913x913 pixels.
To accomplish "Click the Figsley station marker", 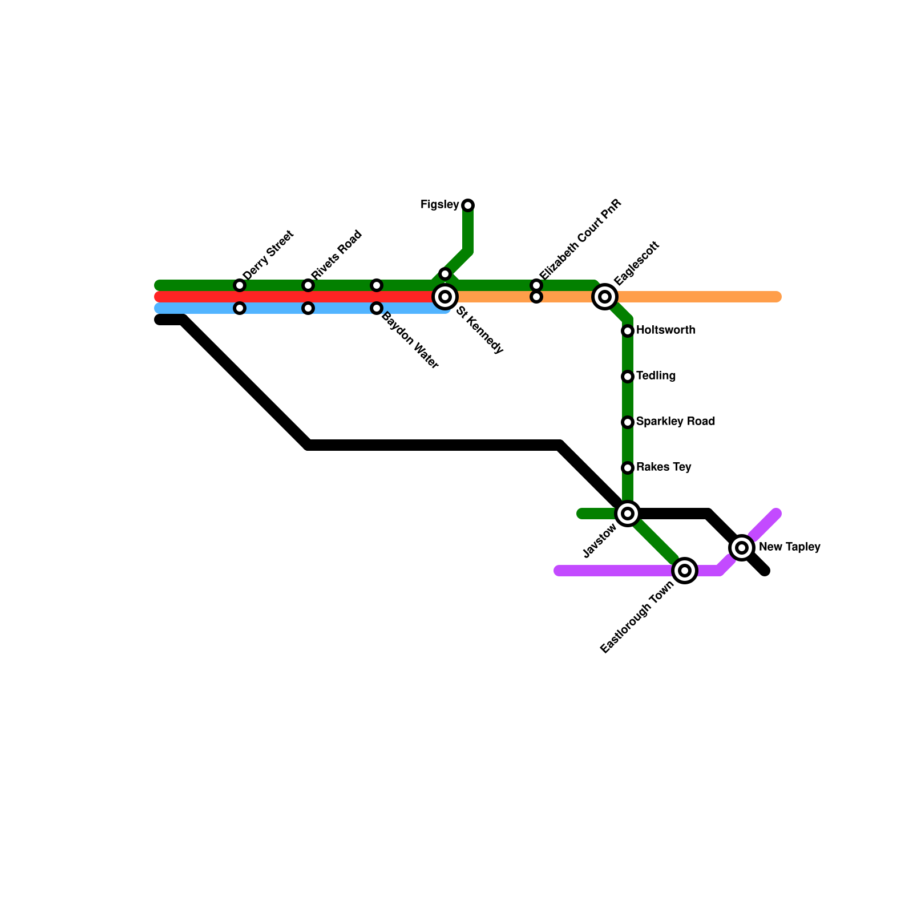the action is tap(468, 205).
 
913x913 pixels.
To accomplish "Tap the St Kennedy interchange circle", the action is tap(445, 297).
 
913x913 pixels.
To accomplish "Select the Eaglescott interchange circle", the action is tap(605, 297).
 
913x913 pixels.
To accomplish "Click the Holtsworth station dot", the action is tap(628, 331).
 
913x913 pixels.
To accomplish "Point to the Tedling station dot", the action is tap(628, 377).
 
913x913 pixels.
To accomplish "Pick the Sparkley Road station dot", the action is tap(628, 422).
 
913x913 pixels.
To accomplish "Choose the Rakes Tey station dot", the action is tap(628, 468).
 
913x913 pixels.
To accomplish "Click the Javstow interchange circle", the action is tap(628, 514).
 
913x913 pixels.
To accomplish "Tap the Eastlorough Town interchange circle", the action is tap(685, 571).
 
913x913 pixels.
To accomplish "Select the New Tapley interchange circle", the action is tap(742, 548).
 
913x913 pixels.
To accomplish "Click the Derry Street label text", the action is tap(268, 254).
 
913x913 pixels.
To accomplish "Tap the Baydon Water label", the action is tap(410, 341).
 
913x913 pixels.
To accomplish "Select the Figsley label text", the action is tap(439, 205).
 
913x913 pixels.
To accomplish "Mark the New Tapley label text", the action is tap(789, 547).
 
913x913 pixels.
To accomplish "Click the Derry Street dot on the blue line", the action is tap(240, 308).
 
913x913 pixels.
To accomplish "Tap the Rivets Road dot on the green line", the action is tap(308, 285).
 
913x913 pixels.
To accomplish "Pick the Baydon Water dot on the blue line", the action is tap(377, 308).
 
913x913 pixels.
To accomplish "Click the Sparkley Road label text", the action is tap(675, 422).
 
